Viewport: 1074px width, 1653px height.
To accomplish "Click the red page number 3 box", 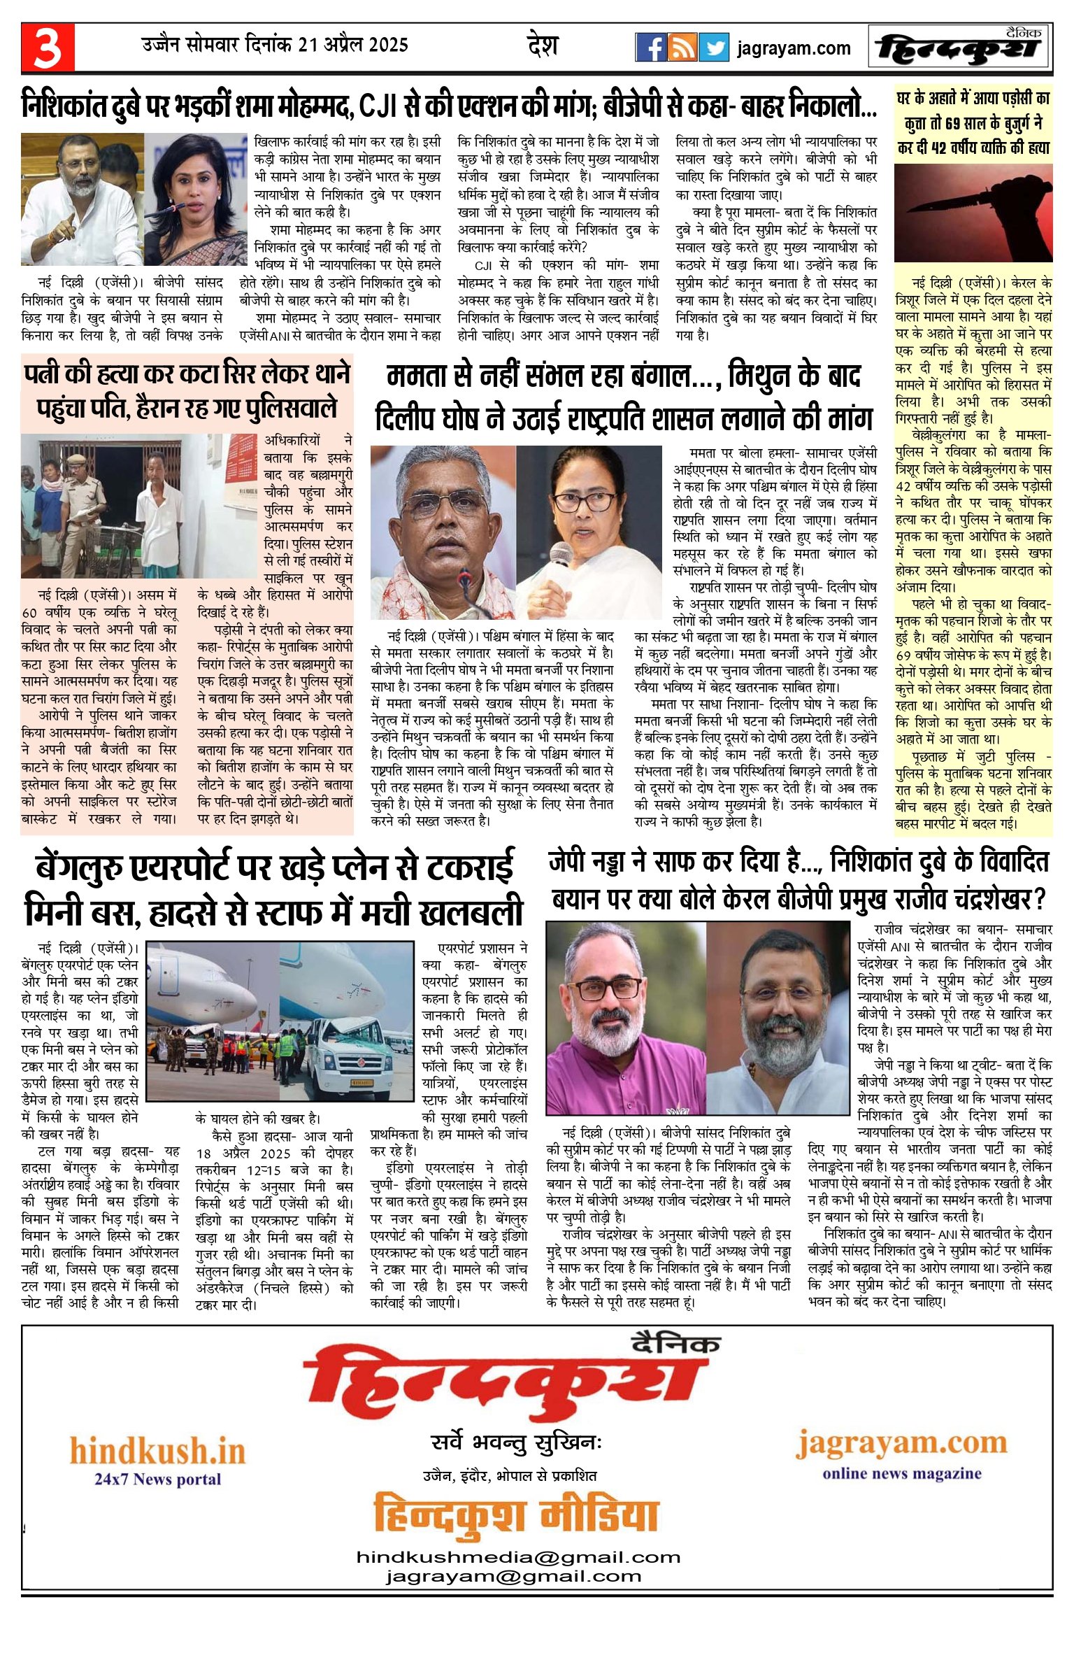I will [x=48, y=48].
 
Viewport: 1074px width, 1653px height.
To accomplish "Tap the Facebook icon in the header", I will [x=650, y=48].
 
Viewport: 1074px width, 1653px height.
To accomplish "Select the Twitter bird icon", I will [x=713, y=48].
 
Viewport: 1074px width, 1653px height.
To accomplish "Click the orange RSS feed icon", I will [x=682, y=48].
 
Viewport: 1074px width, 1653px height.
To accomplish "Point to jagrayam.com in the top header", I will [x=794, y=48].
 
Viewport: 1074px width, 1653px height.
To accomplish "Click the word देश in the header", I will [x=542, y=46].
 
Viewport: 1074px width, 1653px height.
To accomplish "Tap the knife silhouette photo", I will [x=973, y=213].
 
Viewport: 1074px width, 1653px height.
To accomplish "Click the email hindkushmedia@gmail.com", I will [x=518, y=1557].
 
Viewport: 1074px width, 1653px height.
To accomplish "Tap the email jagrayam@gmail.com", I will [x=513, y=1577].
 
